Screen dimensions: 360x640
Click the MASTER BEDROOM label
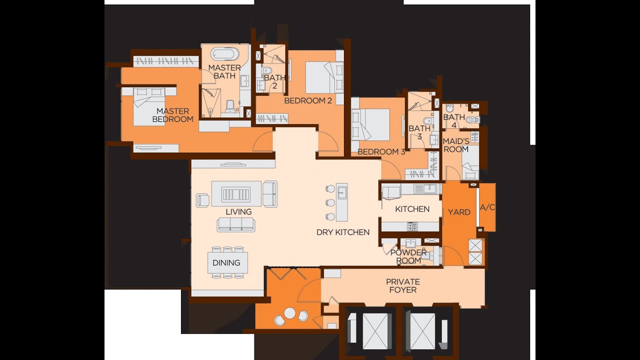coord(172,115)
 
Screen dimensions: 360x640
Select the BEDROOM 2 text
coord(308,101)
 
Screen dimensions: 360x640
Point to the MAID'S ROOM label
coord(455,145)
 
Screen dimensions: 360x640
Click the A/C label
coord(487,207)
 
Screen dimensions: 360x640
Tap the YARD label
coord(459,212)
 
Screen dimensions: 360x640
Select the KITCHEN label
coord(412,209)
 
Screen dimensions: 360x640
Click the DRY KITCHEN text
coord(343,232)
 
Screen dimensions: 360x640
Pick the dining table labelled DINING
coord(227,262)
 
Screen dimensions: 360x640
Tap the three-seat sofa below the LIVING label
coord(236,224)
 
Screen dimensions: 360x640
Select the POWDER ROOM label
coord(408,256)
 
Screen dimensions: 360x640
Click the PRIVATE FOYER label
coord(402,286)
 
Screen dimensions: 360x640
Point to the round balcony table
coord(290,313)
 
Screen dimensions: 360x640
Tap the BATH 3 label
coord(419,132)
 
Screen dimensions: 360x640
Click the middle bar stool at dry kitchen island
coord(330,202)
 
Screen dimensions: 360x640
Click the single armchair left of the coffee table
coord(202,199)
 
